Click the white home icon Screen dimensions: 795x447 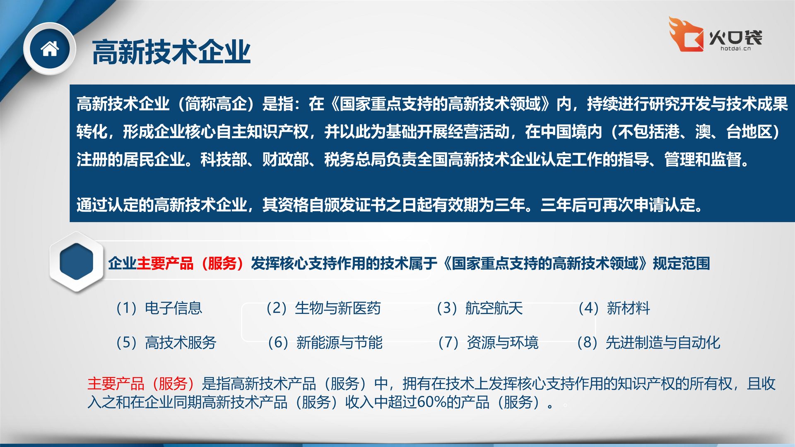coord(50,49)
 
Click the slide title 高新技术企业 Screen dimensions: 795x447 coord(171,52)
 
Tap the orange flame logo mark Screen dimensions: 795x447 coord(686,34)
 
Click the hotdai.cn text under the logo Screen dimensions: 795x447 coord(735,48)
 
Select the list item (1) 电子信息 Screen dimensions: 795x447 coord(159,308)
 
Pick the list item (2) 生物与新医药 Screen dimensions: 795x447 coord(323,308)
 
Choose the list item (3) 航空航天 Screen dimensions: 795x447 coord(480,308)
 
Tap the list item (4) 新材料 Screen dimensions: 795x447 coord(614,308)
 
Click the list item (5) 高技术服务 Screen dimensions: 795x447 coord(166,343)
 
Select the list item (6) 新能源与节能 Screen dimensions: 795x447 coord(325,343)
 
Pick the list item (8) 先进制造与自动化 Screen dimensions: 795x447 coord(649,343)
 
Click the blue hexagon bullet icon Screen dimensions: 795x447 coord(77,262)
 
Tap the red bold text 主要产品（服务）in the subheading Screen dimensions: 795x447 coord(190,263)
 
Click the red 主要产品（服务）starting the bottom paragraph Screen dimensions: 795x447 coord(141,384)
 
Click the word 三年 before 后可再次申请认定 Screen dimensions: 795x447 coord(556,205)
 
